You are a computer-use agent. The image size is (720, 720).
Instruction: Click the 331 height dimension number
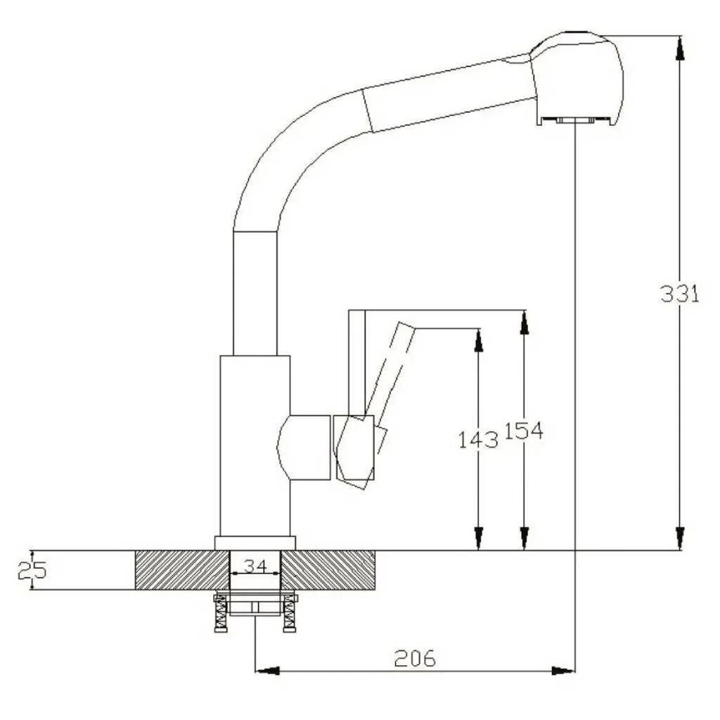pos(680,294)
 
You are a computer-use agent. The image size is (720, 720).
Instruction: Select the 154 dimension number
pos(524,431)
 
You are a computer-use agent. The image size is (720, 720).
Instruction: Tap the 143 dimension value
pos(478,440)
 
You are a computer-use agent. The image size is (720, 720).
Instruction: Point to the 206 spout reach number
pos(415,658)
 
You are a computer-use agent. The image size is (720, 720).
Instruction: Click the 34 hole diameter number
pos(255,566)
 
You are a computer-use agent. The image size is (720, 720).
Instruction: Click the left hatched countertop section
pos(182,570)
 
